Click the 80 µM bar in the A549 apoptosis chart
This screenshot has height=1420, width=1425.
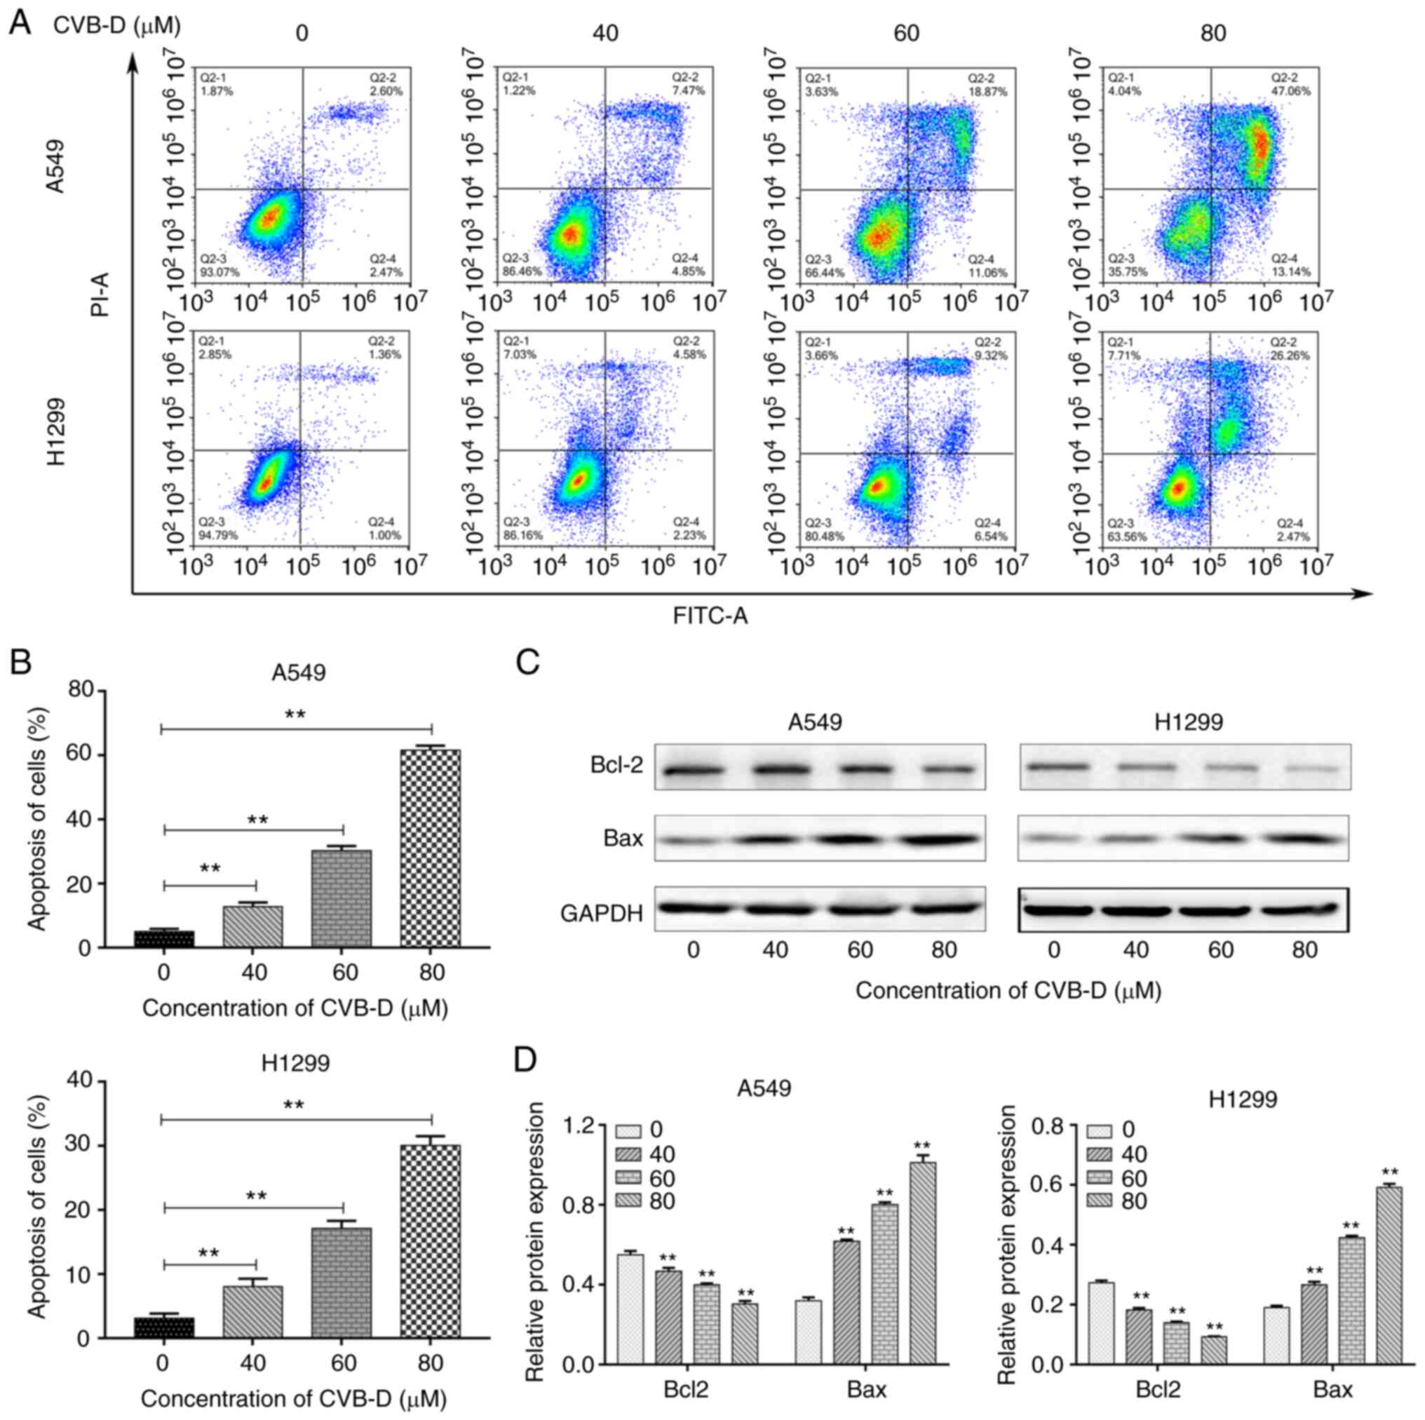pyautogui.click(x=431, y=848)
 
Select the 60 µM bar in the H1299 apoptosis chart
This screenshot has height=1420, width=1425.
pyautogui.click(x=343, y=1283)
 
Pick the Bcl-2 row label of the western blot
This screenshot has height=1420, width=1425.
pyautogui.click(x=616, y=765)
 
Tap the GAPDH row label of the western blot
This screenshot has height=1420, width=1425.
pyautogui.click(x=602, y=913)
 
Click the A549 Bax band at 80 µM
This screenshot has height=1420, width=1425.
pyautogui.click(x=943, y=840)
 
